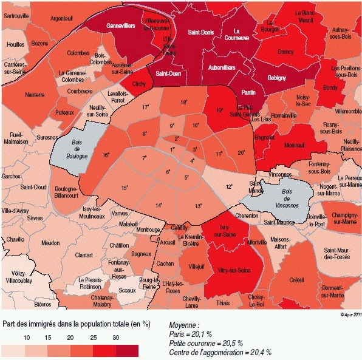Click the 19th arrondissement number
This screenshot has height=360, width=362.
219,110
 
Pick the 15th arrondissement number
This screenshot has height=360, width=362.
124,188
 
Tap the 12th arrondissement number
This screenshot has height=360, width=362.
229,186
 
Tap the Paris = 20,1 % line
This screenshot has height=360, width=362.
190,334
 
